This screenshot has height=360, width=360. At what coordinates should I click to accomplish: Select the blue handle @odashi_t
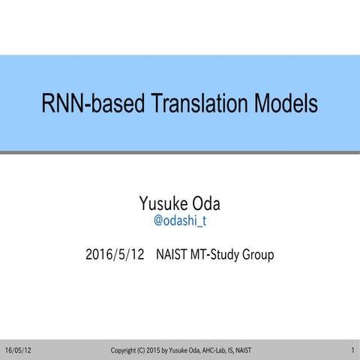179,221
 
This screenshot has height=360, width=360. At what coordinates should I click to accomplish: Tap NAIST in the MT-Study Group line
171,255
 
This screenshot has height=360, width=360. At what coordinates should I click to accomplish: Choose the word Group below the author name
257,255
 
